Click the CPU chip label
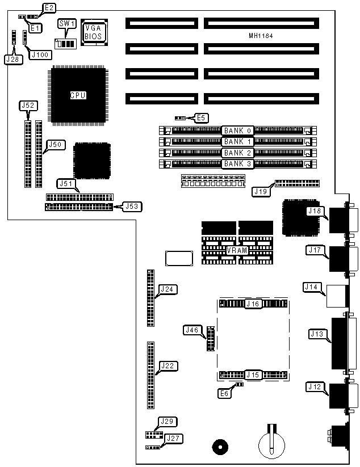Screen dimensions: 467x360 pos(78,95)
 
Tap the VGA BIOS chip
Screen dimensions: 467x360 pos(93,32)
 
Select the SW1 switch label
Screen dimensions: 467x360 pos(66,23)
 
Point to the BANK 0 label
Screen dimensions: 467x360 pos(237,130)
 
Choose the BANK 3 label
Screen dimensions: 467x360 pos(237,164)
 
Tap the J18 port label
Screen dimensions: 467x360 pos(314,211)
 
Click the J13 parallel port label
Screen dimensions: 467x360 pos(317,334)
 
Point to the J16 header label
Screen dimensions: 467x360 pos(253,305)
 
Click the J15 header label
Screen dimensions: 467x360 pos(253,375)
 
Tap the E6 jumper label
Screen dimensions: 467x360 pos(225,393)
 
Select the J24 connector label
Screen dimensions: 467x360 pos(168,289)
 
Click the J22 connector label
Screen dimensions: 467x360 pos(168,365)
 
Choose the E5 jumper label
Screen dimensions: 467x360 pos(202,118)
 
